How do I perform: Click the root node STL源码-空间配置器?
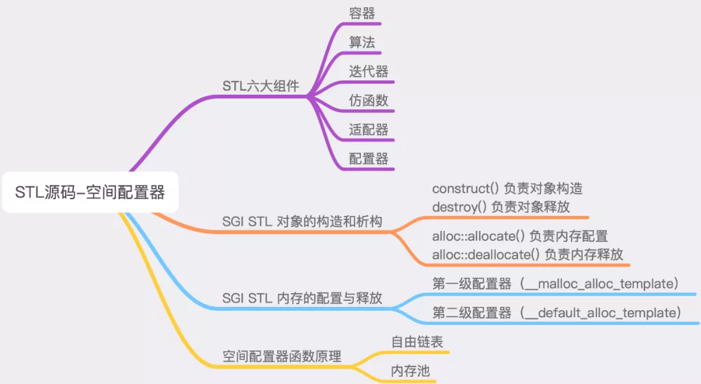tap(90, 193)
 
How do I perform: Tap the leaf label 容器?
tap(362, 13)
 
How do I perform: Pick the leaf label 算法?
tap(362, 42)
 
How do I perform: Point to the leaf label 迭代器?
tap(368, 71)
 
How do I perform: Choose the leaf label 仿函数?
tap(368, 100)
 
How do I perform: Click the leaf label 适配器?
tap(368, 129)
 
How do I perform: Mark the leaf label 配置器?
tap(368, 158)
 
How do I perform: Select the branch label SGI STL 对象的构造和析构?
tap(302, 222)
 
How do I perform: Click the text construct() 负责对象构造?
tap(507, 189)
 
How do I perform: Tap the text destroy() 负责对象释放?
tap(500, 206)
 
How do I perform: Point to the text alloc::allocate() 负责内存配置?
tap(519, 236)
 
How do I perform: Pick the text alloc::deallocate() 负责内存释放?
tap(528, 254)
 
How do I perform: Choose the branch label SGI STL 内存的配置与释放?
tap(302, 298)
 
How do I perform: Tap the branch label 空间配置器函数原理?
tap(282, 357)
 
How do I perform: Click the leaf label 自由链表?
tap(417, 342)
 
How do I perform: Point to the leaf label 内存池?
tap(410, 372)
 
